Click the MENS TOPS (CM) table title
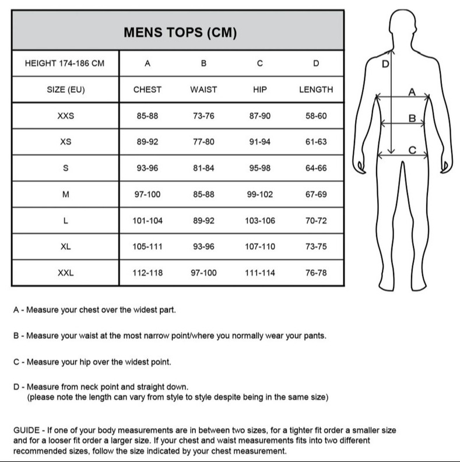(180, 33)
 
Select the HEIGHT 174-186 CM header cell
(65, 64)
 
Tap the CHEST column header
(148, 90)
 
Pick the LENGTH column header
(316, 90)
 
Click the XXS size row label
(65, 116)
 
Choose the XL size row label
(65, 247)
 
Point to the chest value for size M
(148, 194)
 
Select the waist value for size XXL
(203, 273)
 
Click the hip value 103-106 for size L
(260, 221)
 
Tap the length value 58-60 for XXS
(316, 116)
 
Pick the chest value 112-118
(148, 273)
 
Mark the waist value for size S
(203, 169)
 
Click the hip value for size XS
(260, 143)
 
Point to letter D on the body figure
(385, 64)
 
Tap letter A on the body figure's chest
(412, 92)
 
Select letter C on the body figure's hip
(412, 150)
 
